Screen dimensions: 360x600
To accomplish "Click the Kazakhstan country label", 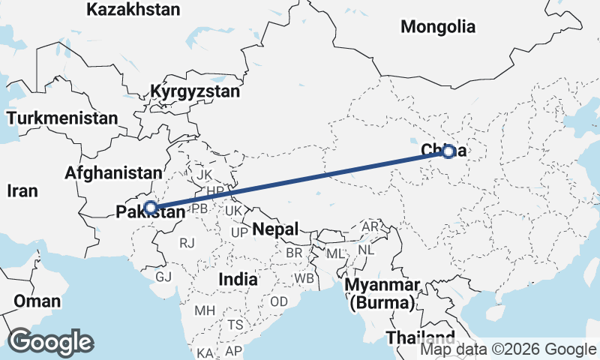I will (x=133, y=10).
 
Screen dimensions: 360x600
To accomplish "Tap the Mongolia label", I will (x=438, y=27).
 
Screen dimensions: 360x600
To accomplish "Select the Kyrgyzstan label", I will (x=195, y=92).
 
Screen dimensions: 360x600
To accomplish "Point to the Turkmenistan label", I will (x=62, y=118).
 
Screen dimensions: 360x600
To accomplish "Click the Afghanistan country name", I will (x=113, y=172).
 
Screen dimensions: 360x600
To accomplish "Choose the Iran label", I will (x=22, y=190).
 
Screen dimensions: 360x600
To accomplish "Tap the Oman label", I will (x=37, y=301).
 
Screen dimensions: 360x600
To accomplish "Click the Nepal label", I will (x=275, y=229).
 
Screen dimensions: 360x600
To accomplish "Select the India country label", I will (x=238, y=279).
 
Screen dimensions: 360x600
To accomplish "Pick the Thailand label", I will (x=420, y=336).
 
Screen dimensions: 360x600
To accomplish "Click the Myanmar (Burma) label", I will (x=381, y=295).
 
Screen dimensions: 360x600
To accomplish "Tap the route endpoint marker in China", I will (x=448, y=151).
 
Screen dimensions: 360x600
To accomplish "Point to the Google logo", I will (x=50, y=342).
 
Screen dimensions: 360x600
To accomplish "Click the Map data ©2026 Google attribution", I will (x=508, y=349).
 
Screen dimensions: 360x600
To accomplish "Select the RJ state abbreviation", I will (x=187, y=242).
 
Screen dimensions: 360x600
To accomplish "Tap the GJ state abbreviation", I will (x=163, y=277).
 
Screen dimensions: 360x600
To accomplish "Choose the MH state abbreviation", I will (x=204, y=310).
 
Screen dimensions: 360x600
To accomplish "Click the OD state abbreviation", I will (x=278, y=301).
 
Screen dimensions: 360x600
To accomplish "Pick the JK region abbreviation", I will (x=204, y=175).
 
